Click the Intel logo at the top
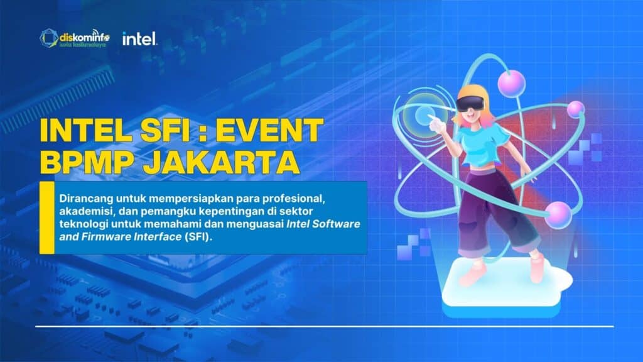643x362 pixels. [x=139, y=39]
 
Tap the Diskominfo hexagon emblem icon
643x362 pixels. [x=49, y=38]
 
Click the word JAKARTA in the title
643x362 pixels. [x=222, y=162]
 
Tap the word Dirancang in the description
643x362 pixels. [x=86, y=199]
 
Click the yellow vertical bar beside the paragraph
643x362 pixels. [x=46, y=217]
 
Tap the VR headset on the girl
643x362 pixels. [x=470, y=103]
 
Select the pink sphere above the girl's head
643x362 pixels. [x=511, y=84]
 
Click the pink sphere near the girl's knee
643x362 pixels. [x=558, y=215]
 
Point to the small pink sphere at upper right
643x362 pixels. [x=576, y=109]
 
